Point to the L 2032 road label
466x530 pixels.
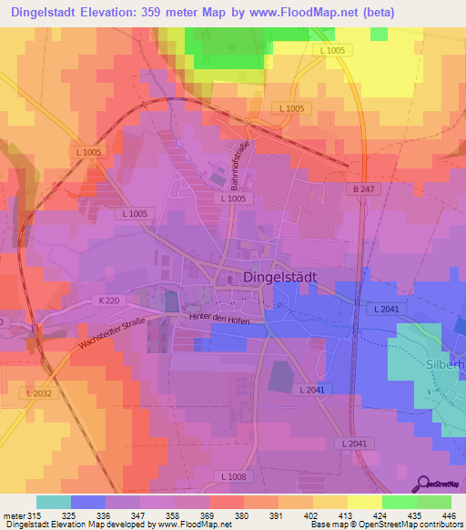click(40, 393)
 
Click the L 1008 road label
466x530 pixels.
click(234, 476)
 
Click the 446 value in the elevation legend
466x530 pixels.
click(448, 515)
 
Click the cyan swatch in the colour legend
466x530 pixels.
click(54, 502)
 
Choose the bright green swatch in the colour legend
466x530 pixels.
click(400, 502)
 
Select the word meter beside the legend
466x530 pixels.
click(15, 515)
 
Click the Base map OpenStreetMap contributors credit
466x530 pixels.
click(386, 525)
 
